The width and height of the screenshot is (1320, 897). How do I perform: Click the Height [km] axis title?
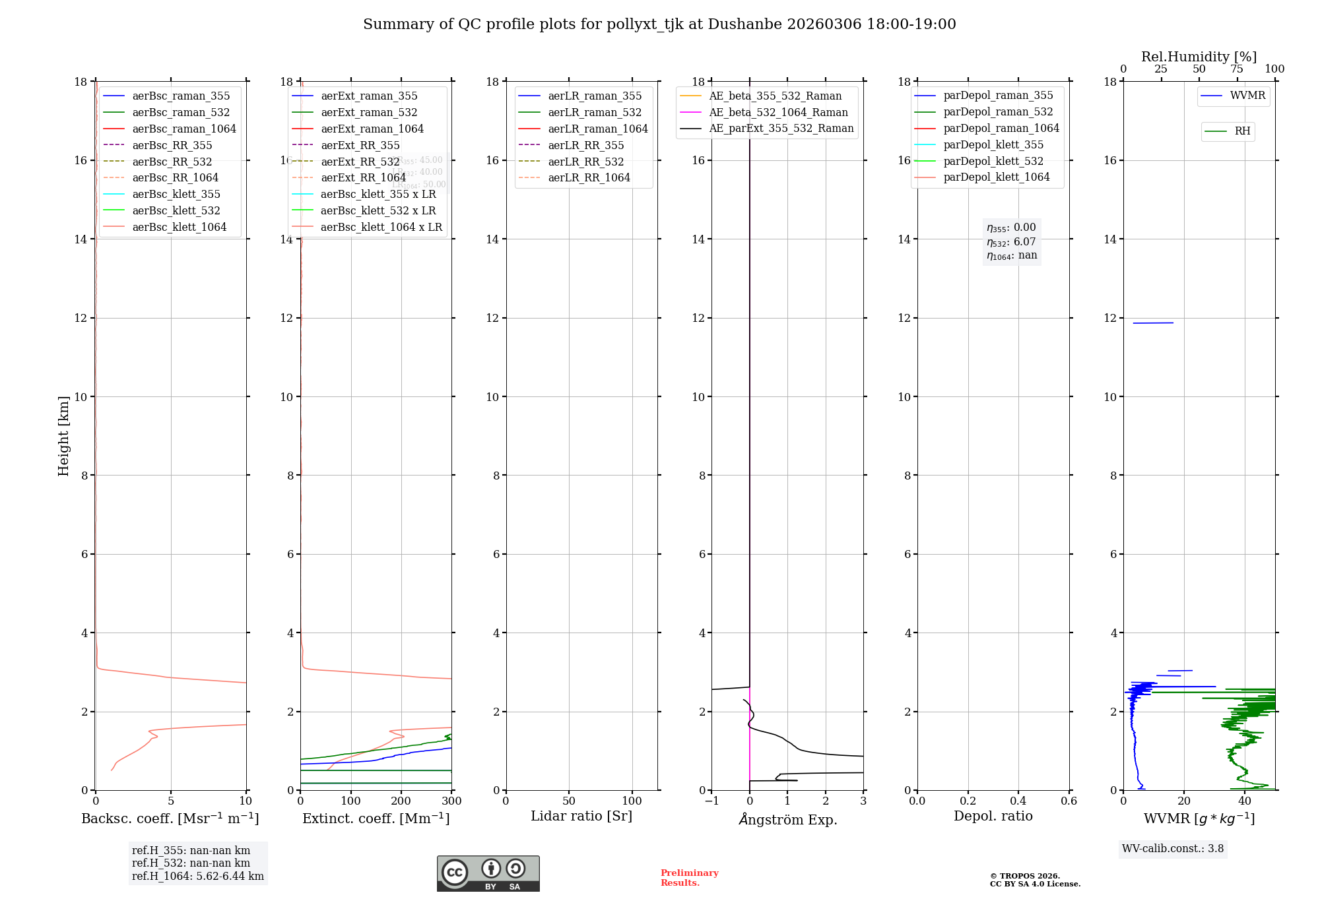coord(63,435)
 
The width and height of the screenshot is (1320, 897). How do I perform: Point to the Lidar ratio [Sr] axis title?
coord(581,816)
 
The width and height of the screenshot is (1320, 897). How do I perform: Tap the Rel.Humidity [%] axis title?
coord(1199,57)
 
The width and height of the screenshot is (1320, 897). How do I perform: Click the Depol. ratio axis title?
coord(993,816)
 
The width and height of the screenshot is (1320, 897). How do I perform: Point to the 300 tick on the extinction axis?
coord(452,801)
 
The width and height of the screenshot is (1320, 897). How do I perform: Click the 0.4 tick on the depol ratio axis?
coord(1018,801)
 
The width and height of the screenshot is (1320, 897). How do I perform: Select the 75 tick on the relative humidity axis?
coord(1237,69)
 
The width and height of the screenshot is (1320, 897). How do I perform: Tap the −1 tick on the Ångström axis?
coord(711,801)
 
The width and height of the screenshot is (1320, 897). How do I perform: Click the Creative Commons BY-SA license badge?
coord(488,873)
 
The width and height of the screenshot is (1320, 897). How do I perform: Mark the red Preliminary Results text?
coord(689,878)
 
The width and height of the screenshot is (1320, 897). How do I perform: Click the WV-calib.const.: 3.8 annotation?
coord(1172,848)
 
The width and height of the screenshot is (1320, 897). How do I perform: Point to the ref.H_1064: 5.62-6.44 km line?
coord(197,876)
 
